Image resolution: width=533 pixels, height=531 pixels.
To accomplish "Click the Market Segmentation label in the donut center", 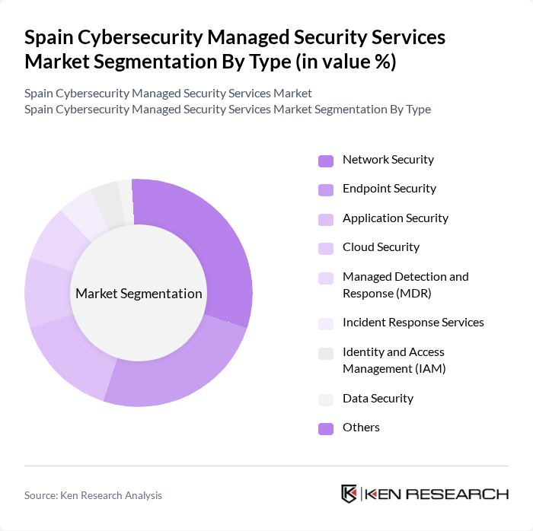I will pyautogui.click(x=139, y=294).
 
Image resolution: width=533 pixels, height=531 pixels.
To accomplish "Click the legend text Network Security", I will pyautogui.click(x=388, y=160).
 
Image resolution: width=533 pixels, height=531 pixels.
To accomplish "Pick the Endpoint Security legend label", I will pyautogui.click(x=389, y=189).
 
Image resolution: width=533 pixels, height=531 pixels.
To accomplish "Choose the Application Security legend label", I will pyautogui.click(x=395, y=218).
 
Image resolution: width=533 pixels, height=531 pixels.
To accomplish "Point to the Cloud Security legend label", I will pyautogui.click(x=381, y=247).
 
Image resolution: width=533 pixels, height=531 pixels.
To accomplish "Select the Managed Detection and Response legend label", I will pyautogui.click(x=405, y=285).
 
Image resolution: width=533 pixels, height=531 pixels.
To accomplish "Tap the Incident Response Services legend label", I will pyautogui.click(x=413, y=323).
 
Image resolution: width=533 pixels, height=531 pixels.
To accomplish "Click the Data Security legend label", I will pyautogui.click(x=378, y=399).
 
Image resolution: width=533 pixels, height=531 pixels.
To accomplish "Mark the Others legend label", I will pyautogui.click(x=361, y=428).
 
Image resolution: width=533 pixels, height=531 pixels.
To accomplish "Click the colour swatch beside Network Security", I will pyautogui.click(x=326, y=161).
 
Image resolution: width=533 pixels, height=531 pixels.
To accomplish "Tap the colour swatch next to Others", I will pyautogui.click(x=326, y=428).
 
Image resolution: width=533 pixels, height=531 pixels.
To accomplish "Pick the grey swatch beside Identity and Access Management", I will pyautogui.click(x=326, y=353).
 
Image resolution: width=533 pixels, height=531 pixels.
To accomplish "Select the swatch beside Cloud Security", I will pyautogui.click(x=326, y=248).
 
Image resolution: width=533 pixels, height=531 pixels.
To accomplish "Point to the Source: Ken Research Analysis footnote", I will pyautogui.click(x=93, y=495).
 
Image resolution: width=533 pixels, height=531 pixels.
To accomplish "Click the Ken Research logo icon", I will pyautogui.click(x=349, y=494).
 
